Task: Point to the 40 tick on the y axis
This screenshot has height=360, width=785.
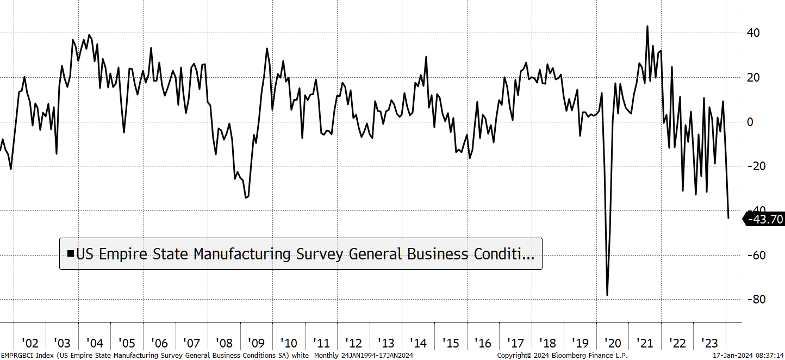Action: pos(753,33)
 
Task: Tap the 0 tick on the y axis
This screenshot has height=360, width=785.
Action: pos(750,122)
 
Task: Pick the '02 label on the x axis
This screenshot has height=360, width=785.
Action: pos(30,343)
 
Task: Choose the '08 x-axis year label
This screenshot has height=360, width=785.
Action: pos(224,343)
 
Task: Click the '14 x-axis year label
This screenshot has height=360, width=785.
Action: pos(418,343)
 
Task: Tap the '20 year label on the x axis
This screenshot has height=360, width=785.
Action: pos(613,343)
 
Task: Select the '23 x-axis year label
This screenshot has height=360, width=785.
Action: pos(709,343)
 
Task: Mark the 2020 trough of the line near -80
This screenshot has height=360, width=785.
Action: pos(607,295)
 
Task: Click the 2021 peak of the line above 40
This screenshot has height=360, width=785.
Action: pos(647,26)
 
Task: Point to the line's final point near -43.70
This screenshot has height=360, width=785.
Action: pos(728,218)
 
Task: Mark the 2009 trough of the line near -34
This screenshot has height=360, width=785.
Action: pos(246,197)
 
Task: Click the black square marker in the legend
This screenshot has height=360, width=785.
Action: pos(70,253)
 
